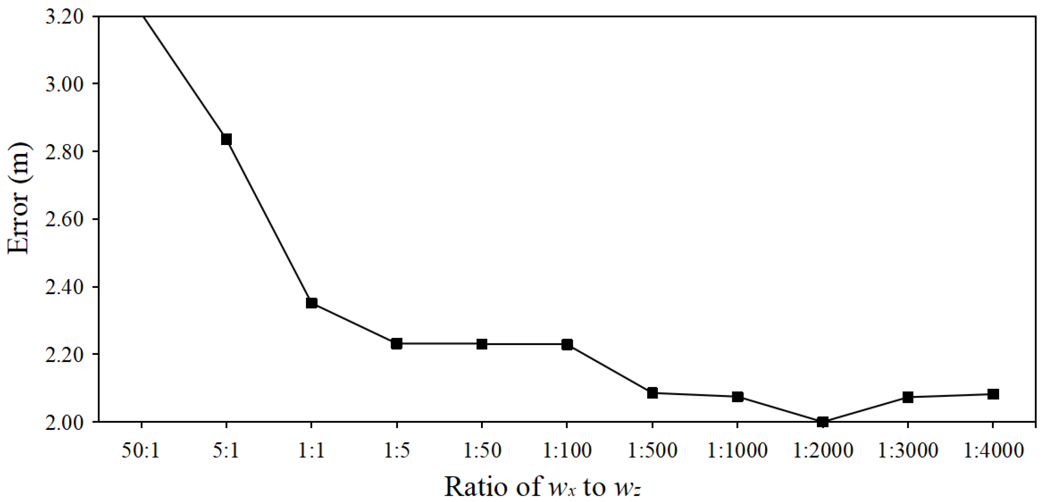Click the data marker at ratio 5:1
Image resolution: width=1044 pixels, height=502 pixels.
226,139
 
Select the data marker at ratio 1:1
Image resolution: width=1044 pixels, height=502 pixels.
311,303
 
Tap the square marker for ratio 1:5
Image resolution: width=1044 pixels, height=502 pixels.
396,344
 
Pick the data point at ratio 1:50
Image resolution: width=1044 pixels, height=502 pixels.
481,344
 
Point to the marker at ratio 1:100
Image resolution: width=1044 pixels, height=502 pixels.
567,344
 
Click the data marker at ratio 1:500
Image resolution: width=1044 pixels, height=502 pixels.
652,393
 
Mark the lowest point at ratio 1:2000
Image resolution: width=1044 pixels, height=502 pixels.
822,422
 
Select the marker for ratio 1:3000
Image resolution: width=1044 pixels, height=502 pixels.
907,397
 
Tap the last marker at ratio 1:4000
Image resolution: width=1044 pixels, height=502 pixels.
993,394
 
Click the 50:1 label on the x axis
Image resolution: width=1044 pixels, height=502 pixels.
141,451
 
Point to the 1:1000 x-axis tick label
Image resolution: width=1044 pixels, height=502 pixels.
737,451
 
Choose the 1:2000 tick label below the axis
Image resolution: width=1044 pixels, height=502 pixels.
823,451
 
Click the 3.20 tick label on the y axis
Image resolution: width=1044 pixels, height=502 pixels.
64,17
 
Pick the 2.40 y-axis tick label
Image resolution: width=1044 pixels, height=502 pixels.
64,287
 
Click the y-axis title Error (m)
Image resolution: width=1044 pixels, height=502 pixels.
18,198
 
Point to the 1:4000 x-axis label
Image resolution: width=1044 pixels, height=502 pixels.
993,451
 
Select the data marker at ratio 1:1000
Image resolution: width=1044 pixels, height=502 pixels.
737,397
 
